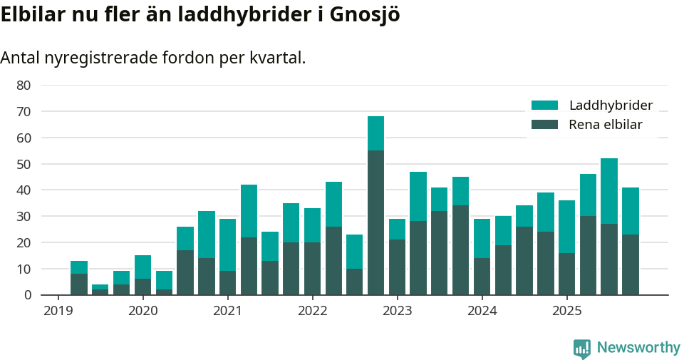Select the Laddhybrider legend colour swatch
[x=544, y=106]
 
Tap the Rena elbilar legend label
[x=605, y=125]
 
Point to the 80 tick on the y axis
[x=24, y=85]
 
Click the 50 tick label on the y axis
[x=24, y=164]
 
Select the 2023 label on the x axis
[x=398, y=311]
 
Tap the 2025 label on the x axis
[x=566, y=311]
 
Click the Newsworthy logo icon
[x=582, y=348]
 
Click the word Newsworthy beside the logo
[x=638, y=348]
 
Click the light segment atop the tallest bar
[x=376, y=133]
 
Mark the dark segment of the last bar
[x=631, y=264]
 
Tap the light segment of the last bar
[x=631, y=211]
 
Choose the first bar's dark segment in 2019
[x=79, y=284]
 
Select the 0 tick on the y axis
[x=27, y=295]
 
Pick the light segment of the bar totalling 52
[x=609, y=191]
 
